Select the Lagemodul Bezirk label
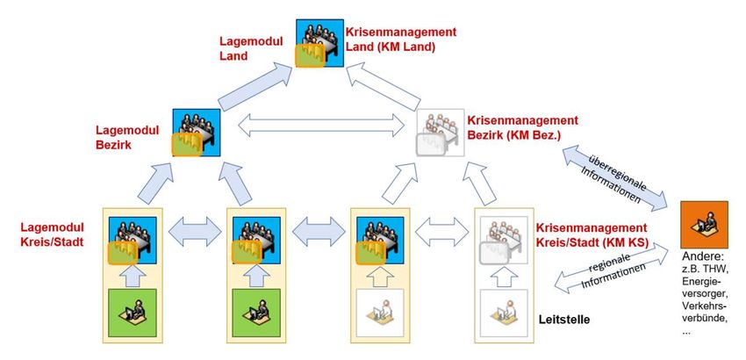pyautogui.click(x=126, y=136)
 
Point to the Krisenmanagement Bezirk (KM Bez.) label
pyautogui.click(x=522, y=127)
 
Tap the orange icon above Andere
pyautogui.click(x=705, y=225)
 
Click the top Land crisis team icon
pyautogui.click(x=317, y=42)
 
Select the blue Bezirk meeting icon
pyautogui.click(x=194, y=132)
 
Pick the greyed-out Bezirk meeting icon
pyautogui.click(x=440, y=132)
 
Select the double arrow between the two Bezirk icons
pyautogui.click(x=317, y=126)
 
